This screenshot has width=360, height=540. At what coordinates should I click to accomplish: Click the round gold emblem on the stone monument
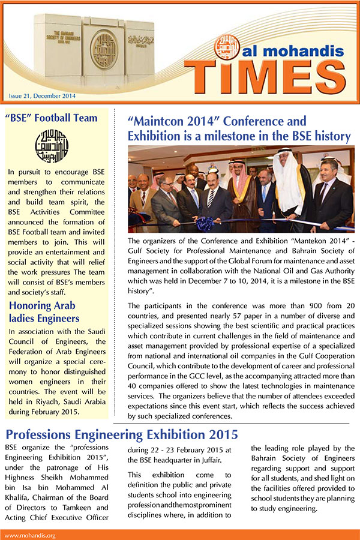click(x=103, y=49)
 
